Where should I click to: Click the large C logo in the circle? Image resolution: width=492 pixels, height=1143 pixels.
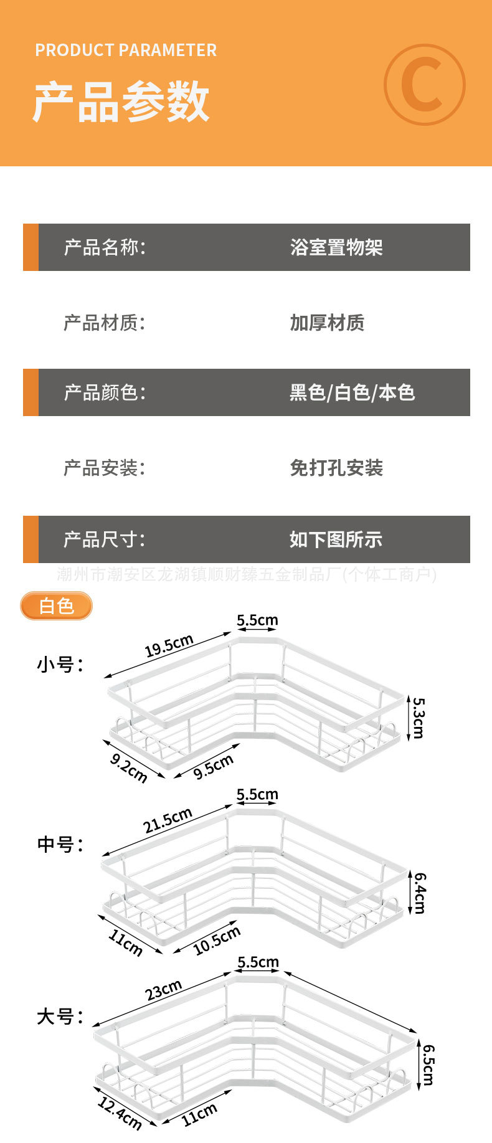pos(424,84)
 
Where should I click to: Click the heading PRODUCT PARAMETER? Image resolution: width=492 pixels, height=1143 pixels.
pos(126,50)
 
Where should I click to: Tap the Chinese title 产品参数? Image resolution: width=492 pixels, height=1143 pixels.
pos(121,102)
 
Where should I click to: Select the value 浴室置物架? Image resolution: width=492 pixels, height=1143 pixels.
pos(336,247)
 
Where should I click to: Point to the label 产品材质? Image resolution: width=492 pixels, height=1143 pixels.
pos(104,323)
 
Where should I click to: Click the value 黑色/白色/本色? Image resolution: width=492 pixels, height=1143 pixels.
pos(352,392)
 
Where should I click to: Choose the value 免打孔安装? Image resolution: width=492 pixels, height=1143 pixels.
pos(336,467)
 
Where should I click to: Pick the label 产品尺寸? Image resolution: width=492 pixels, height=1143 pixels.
pos(104,539)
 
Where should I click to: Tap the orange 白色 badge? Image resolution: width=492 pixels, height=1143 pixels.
pos(56,606)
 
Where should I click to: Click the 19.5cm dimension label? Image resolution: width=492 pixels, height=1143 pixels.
pos(169,646)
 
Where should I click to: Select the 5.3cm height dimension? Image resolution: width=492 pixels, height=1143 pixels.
pos(419,718)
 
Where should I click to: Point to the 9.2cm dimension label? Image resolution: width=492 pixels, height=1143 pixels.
pos(129,768)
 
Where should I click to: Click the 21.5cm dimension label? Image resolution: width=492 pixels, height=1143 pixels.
pos(168,820)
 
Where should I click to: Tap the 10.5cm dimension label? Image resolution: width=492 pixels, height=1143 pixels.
pos(216,941)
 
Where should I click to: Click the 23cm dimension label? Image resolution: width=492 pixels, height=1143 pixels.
pos(164,990)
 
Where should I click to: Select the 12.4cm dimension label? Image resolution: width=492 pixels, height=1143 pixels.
pos(120,1113)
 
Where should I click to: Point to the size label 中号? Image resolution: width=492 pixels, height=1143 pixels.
pos(60,844)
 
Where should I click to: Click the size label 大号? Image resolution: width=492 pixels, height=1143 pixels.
pos(60,1017)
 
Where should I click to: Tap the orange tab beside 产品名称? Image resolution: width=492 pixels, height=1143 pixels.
pos(31,247)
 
